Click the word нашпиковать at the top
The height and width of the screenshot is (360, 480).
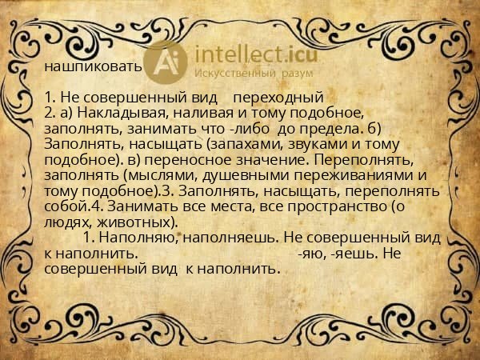[x=93, y=66]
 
